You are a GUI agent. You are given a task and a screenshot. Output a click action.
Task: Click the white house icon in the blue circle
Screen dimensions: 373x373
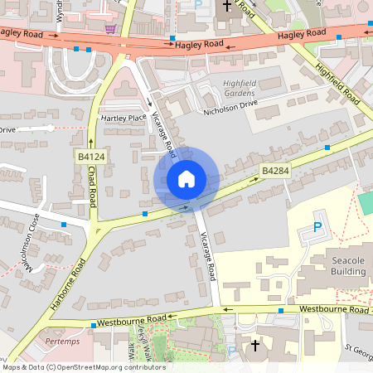coord(186,178)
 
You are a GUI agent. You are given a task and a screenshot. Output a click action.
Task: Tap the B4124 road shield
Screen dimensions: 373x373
coord(91,156)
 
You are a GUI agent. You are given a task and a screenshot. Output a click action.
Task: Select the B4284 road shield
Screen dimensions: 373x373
coord(274,171)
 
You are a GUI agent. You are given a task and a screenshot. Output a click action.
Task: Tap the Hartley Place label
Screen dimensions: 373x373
coord(123,118)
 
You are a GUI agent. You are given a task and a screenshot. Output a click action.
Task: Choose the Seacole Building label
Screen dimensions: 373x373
coord(347,265)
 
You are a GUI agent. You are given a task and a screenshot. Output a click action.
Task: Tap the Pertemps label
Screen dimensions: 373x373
coord(62,341)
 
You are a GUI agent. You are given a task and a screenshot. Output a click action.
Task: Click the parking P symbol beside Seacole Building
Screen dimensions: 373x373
coord(317,227)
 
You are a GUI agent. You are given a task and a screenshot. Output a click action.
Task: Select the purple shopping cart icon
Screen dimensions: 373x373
coord(110,28)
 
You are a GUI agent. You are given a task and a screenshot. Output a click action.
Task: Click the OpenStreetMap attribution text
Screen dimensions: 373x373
coord(83,367)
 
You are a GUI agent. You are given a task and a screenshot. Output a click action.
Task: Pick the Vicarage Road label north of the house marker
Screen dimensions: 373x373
coord(164,135)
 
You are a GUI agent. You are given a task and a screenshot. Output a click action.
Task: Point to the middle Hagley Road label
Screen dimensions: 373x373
coord(200,43)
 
